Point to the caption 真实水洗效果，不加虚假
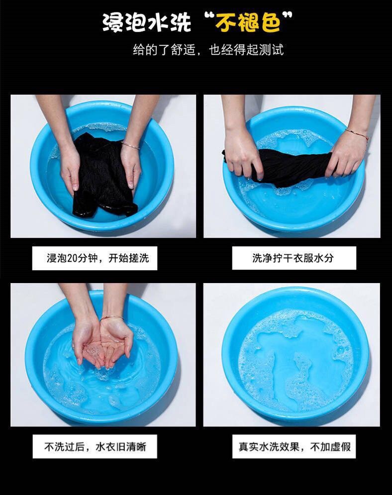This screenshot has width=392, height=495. click(x=294, y=446)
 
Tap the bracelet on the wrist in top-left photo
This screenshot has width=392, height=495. click(x=130, y=145)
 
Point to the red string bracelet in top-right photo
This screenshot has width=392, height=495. click(x=357, y=133)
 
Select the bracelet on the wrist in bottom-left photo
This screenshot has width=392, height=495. click(x=112, y=317)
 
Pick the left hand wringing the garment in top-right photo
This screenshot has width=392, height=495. click(x=241, y=154)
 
